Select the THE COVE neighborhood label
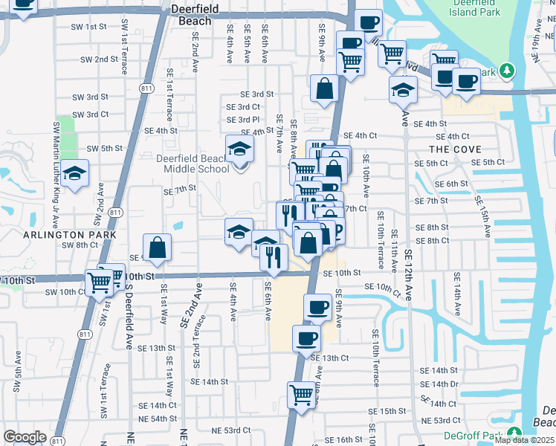tap(450, 149)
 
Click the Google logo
tap(25, 437)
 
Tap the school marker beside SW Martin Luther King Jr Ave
tap(74, 174)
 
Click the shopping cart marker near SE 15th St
tap(301, 393)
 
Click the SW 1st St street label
tap(88, 26)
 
